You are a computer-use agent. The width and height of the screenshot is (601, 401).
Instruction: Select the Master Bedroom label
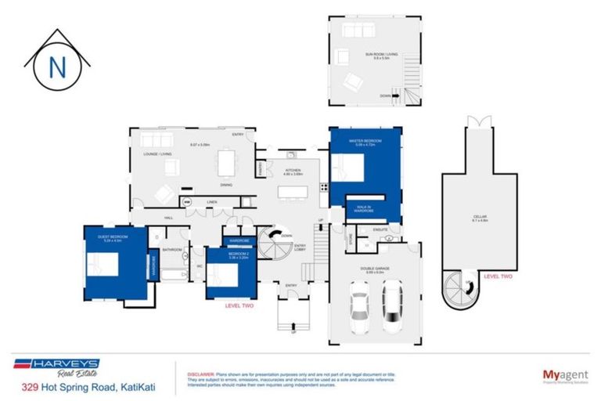[x=365, y=142]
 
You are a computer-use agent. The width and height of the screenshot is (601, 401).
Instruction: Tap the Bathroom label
[x=171, y=250]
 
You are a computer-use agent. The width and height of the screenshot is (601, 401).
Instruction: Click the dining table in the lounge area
[x=226, y=162]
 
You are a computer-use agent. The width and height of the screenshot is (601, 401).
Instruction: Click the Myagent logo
[x=560, y=375]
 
